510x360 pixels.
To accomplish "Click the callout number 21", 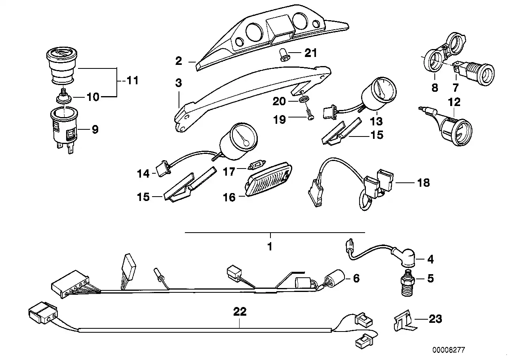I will pos(310,53).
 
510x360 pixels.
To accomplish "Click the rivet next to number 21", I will pos(285,55).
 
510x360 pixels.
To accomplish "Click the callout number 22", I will pos(240,312).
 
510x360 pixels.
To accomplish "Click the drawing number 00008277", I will pos(449,350).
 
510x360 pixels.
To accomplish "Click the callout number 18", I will pos(423,183).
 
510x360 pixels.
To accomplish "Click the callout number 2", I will pos(179,61).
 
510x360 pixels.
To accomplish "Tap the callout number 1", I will pos(270,247).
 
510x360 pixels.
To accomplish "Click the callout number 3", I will pos(179,83).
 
